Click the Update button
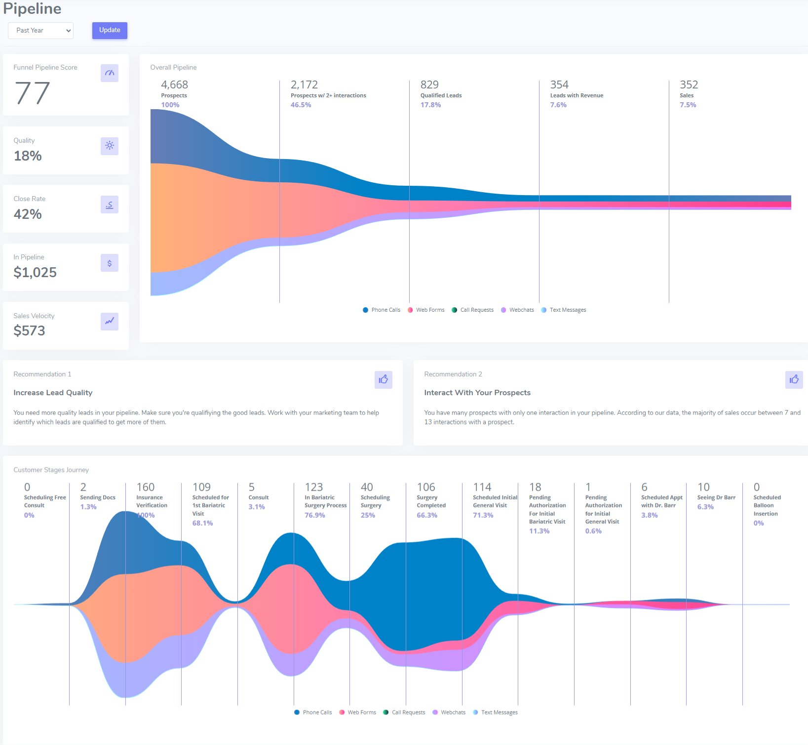click(x=110, y=30)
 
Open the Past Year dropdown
click(x=40, y=31)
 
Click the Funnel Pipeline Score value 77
click(x=33, y=93)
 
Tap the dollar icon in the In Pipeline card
click(x=110, y=263)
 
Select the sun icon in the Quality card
click(x=110, y=146)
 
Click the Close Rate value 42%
click(x=28, y=214)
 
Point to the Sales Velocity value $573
click(x=29, y=331)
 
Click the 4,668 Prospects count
click(x=174, y=85)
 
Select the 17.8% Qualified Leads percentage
click(x=430, y=105)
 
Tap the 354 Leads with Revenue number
click(x=559, y=85)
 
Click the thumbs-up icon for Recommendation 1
click(x=384, y=379)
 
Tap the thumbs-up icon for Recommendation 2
click(x=794, y=379)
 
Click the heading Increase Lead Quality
click(x=53, y=393)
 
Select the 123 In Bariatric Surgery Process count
click(x=314, y=488)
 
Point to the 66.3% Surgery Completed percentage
click(x=427, y=515)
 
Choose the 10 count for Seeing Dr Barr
click(x=703, y=488)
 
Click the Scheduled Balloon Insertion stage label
click(x=767, y=505)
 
